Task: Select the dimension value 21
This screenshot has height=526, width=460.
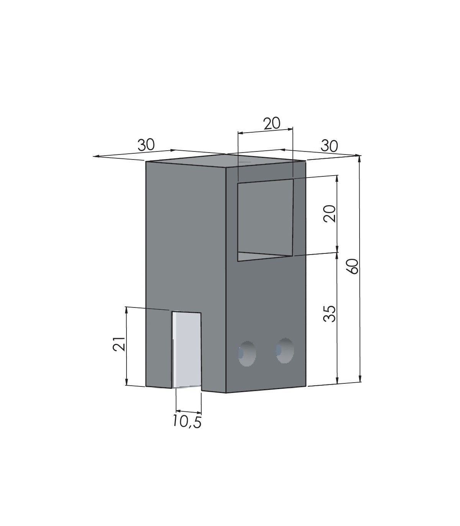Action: point(119,344)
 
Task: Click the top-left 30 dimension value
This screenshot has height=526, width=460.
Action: point(146,145)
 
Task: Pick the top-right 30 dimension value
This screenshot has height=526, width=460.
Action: point(329,146)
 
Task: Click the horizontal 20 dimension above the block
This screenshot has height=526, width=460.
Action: point(272,124)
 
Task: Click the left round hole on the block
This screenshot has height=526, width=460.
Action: point(247,353)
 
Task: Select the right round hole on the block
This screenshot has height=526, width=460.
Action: point(285,350)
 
